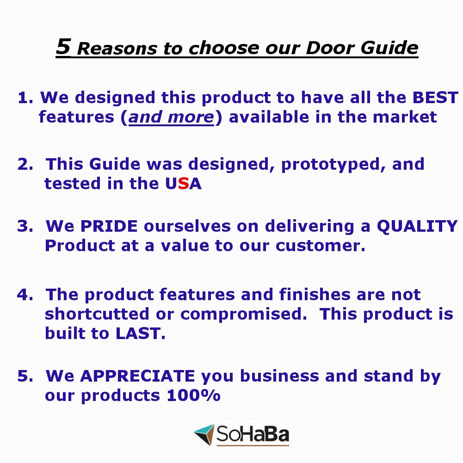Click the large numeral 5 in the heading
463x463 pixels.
(x=63, y=47)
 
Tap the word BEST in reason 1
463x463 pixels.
(x=435, y=98)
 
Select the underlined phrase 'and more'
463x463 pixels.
(x=171, y=117)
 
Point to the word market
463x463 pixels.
(x=405, y=117)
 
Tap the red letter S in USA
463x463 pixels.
(x=183, y=184)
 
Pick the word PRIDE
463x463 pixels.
(x=109, y=226)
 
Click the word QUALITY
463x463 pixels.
(x=417, y=227)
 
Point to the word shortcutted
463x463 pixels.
(x=97, y=314)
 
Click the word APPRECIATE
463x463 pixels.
(x=137, y=376)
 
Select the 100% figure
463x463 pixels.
(x=193, y=395)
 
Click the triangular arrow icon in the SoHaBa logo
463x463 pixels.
(x=204, y=434)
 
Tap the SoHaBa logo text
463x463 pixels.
(x=253, y=434)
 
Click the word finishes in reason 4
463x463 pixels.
(x=315, y=295)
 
